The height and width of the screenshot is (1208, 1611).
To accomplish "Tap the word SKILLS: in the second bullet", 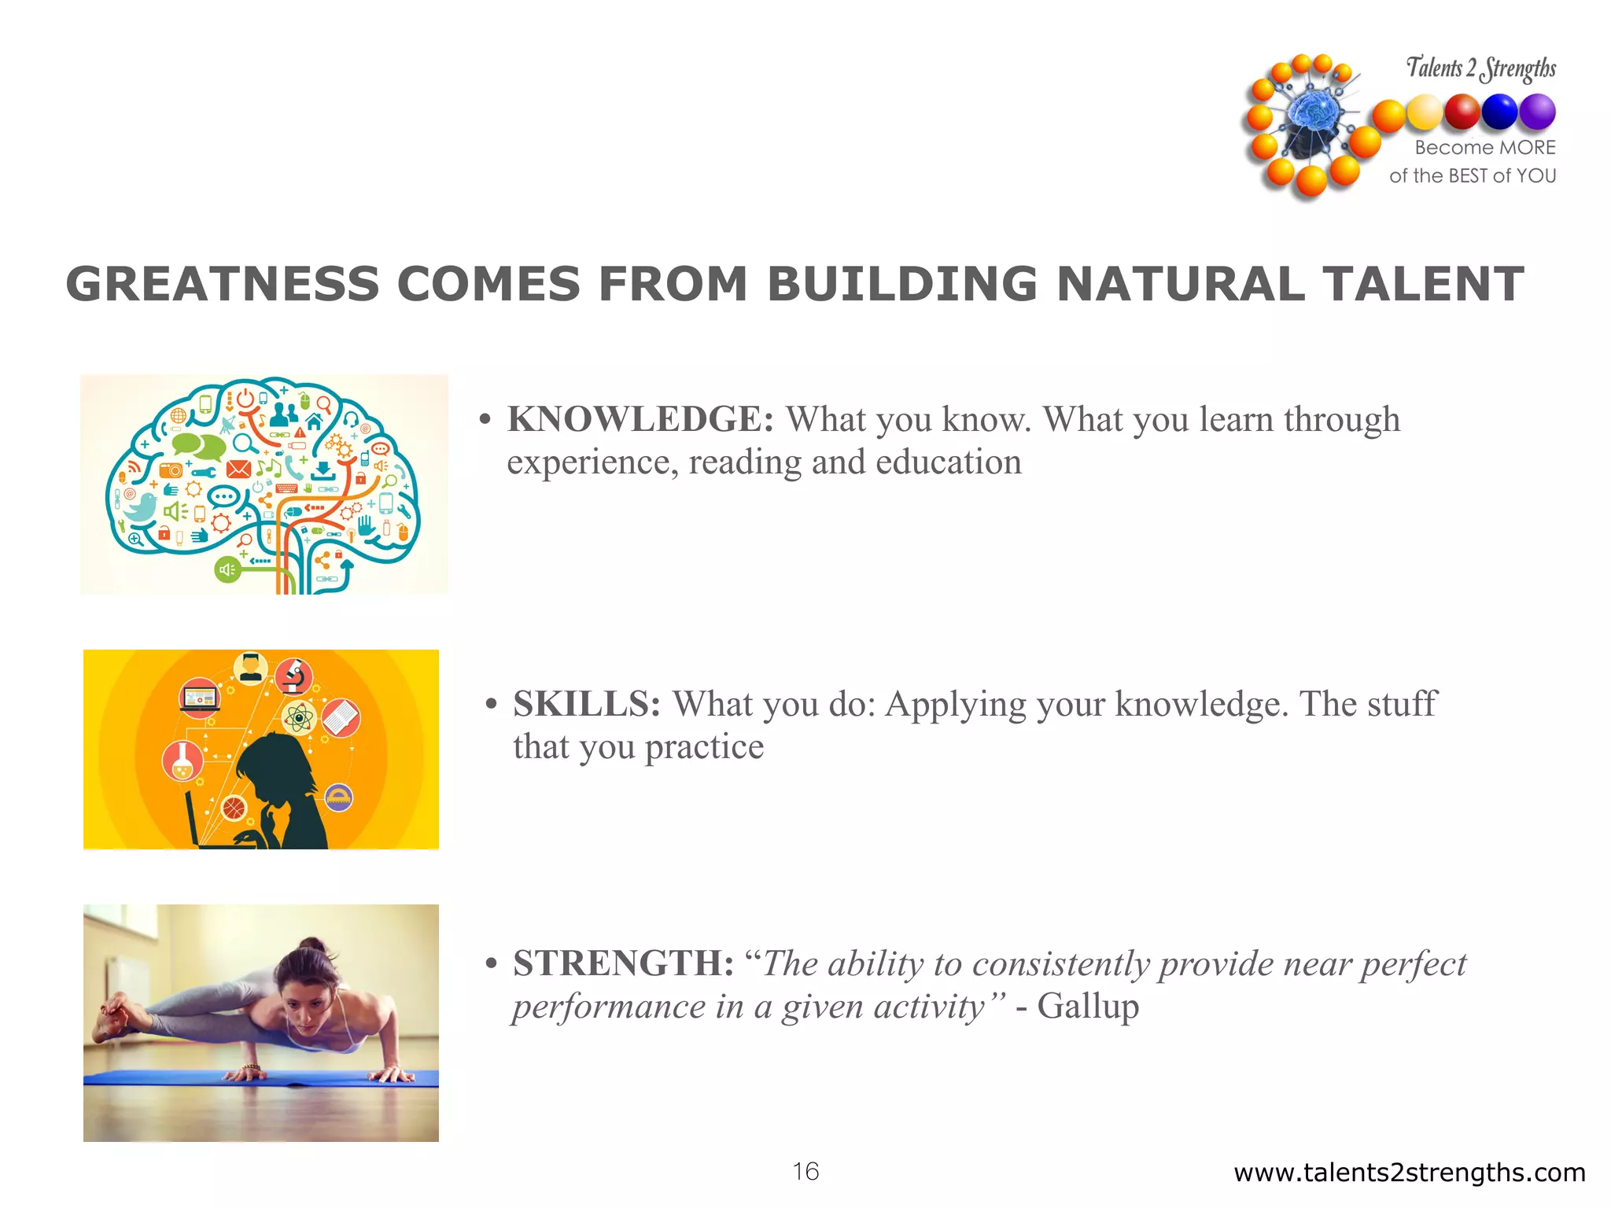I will tap(587, 705).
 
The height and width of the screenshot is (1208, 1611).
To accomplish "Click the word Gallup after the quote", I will tap(1088, 1007).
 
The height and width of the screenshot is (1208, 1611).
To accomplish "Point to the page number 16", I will tap(805, 1172).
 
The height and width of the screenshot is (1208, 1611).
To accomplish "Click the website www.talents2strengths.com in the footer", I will tap(1409, 1173).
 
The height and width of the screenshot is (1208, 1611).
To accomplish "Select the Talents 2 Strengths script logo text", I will tap(1480, 68).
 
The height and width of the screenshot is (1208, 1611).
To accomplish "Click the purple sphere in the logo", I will tap(1537, 112).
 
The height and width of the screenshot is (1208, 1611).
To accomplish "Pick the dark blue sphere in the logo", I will tap(1499, 112).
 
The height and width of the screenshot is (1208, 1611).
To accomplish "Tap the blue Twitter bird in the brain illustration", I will tap(141, 507).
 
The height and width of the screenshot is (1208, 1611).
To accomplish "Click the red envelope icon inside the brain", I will tap(238, 470).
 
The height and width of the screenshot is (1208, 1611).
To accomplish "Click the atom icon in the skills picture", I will tap(299, 718).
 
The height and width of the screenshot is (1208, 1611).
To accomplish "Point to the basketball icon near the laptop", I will tap(234, 808).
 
